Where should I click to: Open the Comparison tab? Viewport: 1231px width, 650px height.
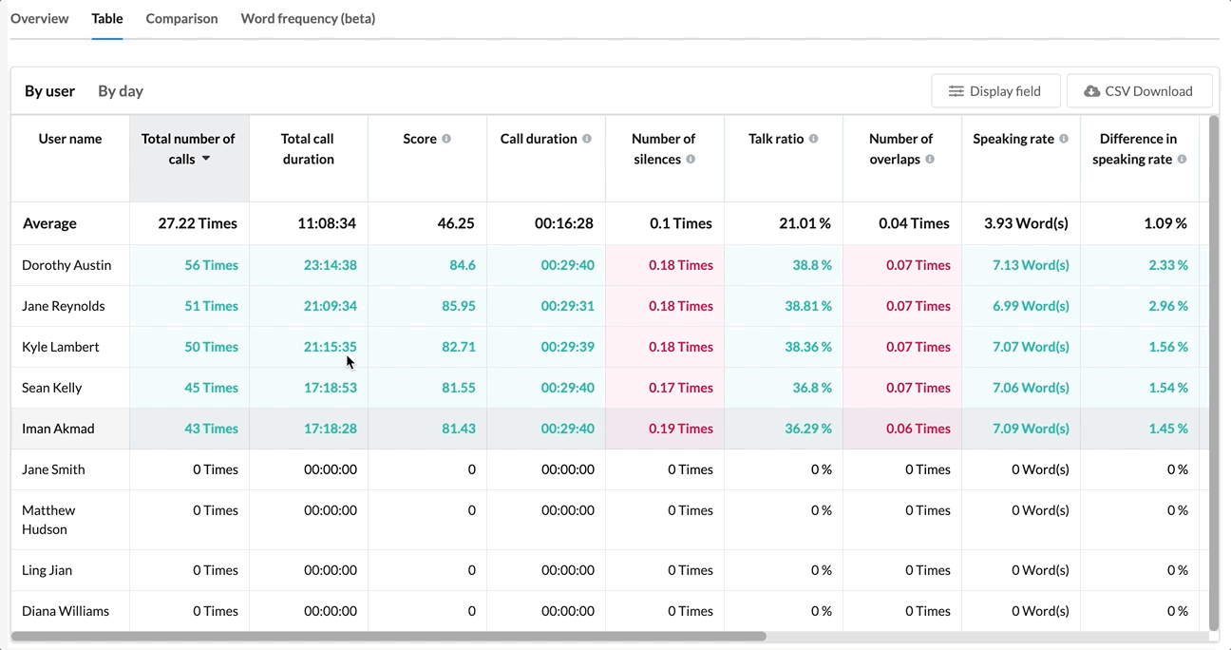coord(181,19)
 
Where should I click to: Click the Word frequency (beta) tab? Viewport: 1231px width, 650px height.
coord(308,19)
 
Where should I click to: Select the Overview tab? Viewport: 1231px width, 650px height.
coord(40,19)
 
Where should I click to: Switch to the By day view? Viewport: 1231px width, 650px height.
coord(121,91)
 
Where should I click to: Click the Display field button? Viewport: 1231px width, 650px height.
coord(995,91)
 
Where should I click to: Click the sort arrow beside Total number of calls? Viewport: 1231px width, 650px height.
coord(206,159)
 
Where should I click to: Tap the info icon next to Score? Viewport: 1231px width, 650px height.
coord(446,139)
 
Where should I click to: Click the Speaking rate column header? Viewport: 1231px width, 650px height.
coord(1013,139)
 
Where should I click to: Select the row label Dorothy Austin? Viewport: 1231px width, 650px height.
coord(66,265)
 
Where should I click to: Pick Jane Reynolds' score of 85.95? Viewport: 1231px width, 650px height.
coord(459,306)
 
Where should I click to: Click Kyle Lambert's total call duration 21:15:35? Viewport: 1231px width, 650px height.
coord(331,347)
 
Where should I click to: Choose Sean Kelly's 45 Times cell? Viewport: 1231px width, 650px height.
coord(211,388)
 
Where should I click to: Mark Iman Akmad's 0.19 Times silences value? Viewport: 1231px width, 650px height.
coord(681,429)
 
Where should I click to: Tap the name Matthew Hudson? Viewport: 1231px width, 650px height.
coord(48,520)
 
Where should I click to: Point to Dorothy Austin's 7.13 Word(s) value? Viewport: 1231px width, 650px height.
coord(1031,265)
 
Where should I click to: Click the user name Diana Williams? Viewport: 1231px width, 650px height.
coord(66,611)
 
